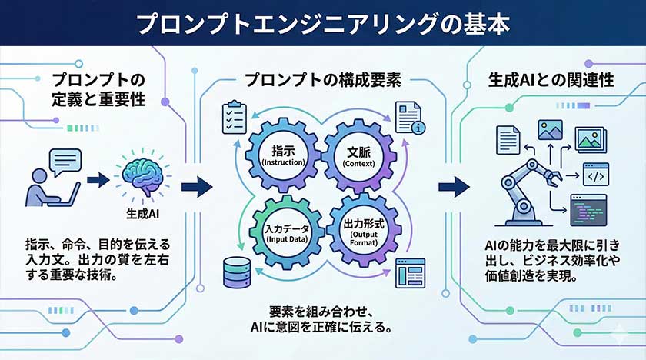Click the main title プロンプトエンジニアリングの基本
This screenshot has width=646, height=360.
point(323,23)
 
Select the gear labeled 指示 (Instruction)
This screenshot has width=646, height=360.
point(285,155)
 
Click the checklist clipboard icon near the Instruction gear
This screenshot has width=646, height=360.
point(233,118)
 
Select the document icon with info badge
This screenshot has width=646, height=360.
point(407,118)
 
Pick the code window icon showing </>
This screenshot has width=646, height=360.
point(594,176)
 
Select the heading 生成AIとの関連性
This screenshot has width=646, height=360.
point(551,80)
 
